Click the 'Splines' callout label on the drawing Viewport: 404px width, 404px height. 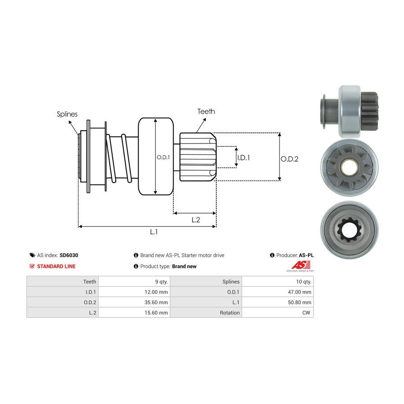67,114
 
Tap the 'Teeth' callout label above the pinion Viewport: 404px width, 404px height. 206,111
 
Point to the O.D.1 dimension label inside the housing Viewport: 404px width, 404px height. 163,157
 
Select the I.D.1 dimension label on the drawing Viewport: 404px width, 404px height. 243,158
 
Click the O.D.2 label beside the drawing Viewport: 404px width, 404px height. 290,158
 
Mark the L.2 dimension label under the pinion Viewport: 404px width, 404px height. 196,220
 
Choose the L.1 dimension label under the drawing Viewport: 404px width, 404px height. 154,232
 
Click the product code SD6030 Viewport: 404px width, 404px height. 69,255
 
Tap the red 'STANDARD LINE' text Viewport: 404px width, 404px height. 56,266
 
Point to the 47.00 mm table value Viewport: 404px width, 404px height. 300,292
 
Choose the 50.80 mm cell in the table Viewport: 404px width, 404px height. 300,302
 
